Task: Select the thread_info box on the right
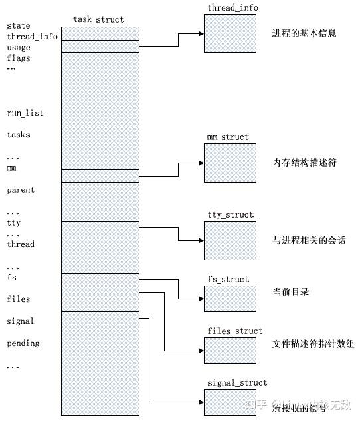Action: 230,33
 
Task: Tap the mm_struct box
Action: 230,163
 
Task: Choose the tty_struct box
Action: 230,240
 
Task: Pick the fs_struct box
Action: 230,298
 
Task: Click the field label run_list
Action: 25,114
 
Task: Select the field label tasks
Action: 19,135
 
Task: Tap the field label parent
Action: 21,190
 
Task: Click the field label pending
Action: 23,343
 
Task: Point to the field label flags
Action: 19,58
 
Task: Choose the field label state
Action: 19,26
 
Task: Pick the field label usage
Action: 19,48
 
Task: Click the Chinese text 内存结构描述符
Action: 304,163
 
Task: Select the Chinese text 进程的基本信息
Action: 304,33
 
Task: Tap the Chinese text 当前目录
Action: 291,292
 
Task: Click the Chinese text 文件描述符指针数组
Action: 314,344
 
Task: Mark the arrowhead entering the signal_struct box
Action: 201,402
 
